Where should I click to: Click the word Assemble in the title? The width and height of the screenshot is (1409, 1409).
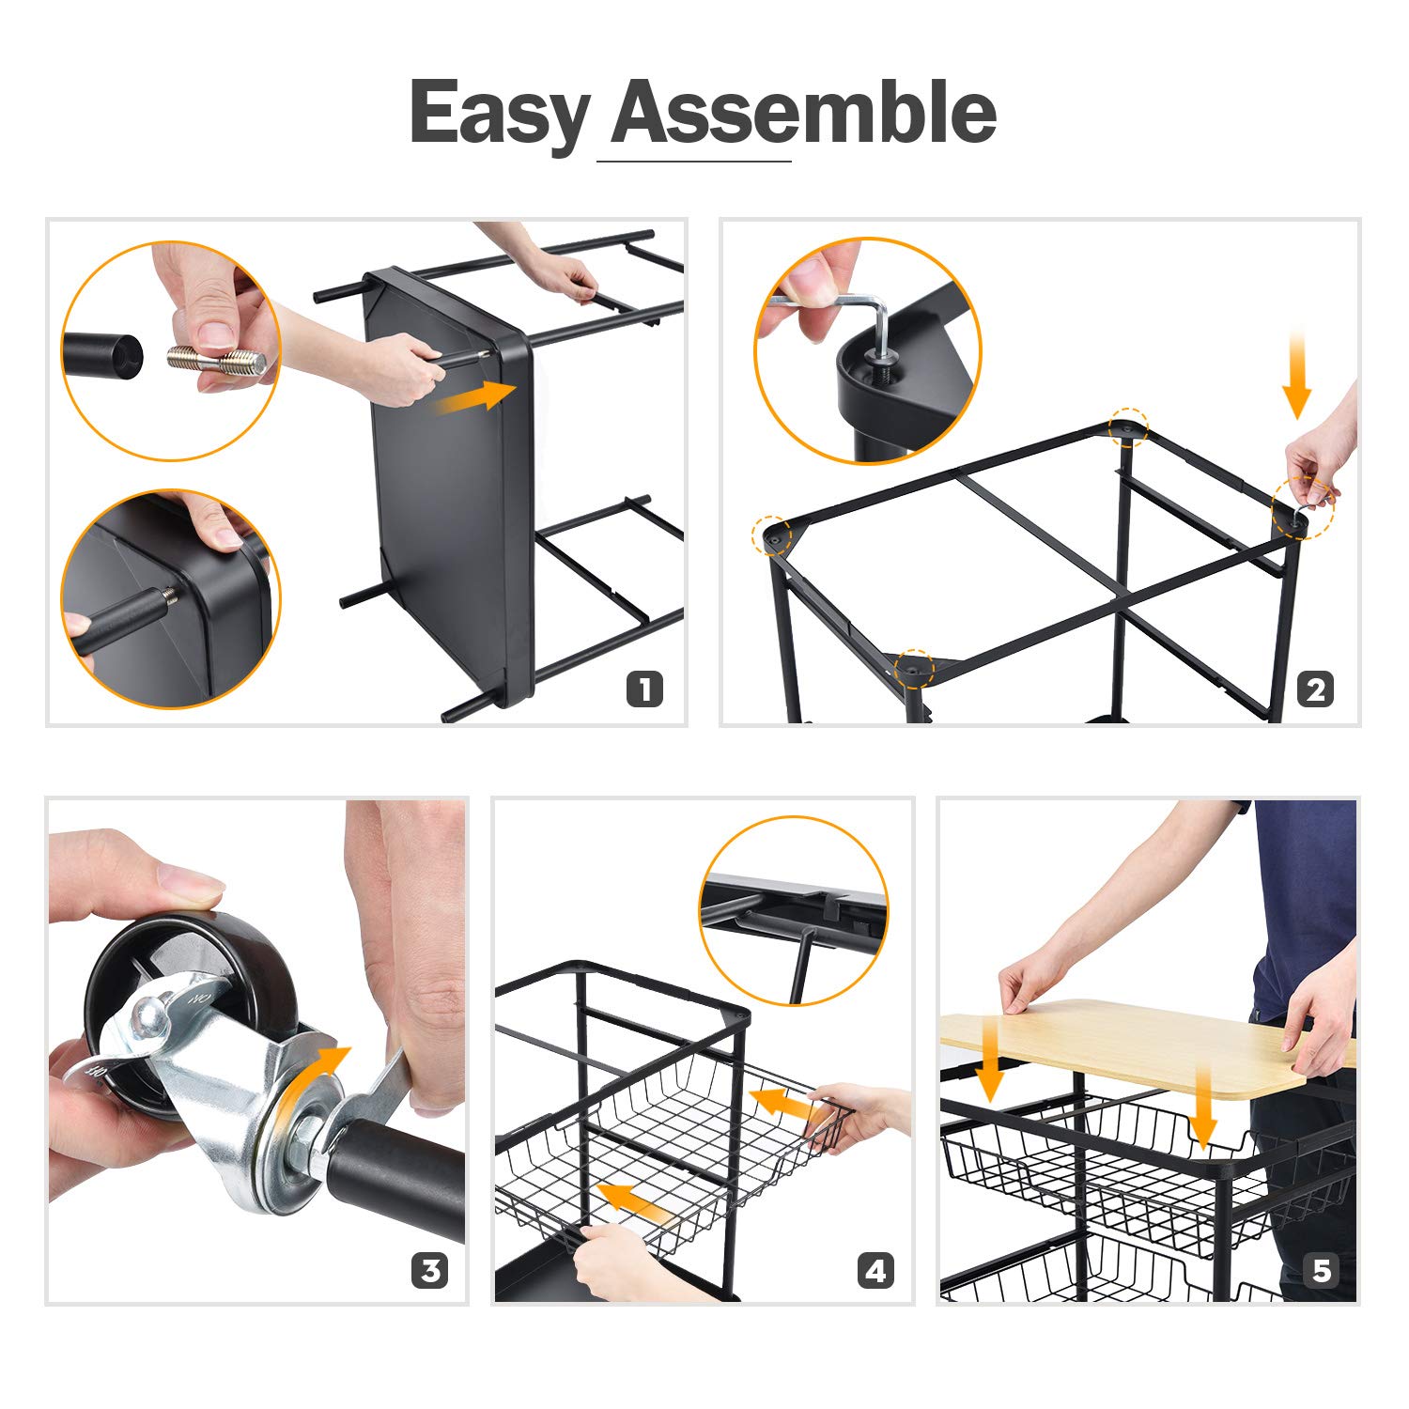[x=804, y=112]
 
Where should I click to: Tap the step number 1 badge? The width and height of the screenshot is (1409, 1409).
[x=644, y=689]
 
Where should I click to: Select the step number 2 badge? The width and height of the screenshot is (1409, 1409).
[x=1315, y=689]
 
